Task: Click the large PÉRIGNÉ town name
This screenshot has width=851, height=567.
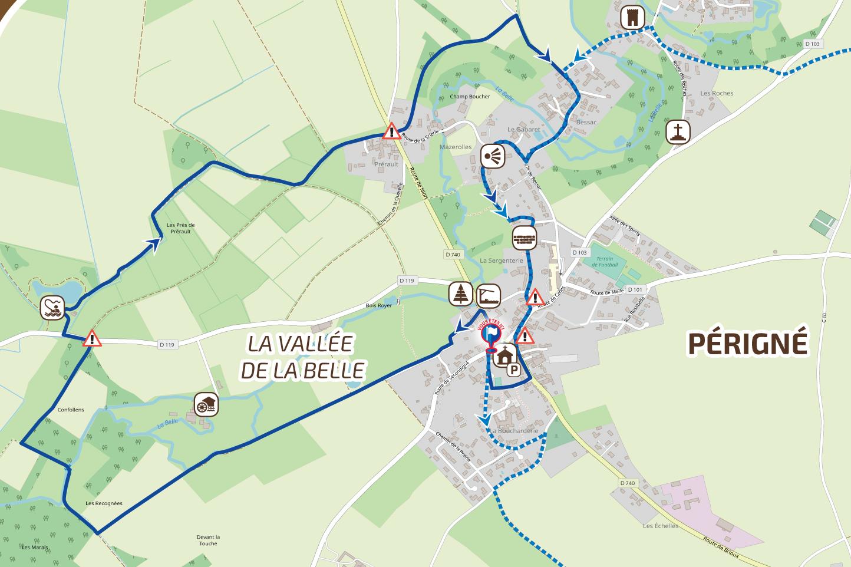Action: click(x=747, y=344)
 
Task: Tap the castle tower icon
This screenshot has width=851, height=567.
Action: click(x=632, y=18)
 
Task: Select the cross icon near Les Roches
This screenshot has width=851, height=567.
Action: click(x=678, y=131)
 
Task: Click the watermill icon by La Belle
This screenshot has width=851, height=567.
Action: click(x=206, y=405)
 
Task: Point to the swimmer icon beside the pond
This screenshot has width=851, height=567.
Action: click(x=52, y=307)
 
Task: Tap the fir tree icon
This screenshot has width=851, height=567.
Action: click(x=461, y=294)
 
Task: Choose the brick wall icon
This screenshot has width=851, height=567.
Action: click(x=525, y=238)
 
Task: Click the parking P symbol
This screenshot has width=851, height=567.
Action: click(x=514, y=370)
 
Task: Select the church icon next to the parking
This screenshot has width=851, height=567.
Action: click(x=504, y=356)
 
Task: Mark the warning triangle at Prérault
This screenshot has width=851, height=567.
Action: click(x=391, y=131)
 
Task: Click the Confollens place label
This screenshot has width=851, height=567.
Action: click(x=71, y=410)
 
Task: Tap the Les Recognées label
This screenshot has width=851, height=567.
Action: click(x=104, y=503)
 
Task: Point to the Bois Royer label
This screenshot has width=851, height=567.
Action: click(x=378, y=305)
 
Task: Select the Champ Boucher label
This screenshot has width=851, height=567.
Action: click(x=470, y=97)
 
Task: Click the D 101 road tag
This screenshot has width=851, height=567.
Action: click(x=635, y=289)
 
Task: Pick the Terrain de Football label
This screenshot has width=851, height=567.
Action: click(x=605, y=262)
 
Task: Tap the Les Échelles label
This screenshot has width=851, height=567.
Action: click(x=661, y=526)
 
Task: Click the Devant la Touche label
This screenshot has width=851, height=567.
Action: click(x=208, y=540)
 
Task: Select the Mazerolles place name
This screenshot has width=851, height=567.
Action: click(x=456, y=147)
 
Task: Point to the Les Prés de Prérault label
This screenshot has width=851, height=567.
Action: click(x=180, y=228)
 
